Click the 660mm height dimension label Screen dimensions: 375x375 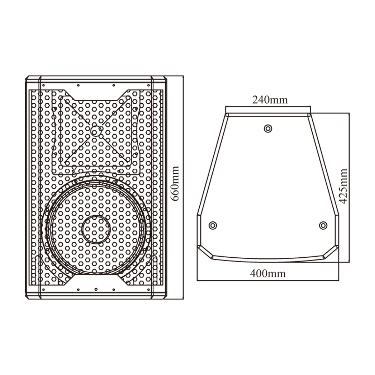tap(176, 184)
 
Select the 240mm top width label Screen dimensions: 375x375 tap(270, 100)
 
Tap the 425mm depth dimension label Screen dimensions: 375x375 tap(344, 186)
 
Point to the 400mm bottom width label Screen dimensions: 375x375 tap(268, 273)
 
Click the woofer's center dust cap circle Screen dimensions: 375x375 tap(96, 229)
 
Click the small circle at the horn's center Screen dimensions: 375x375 tap(96, 131)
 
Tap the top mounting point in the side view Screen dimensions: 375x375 tap(268, 128)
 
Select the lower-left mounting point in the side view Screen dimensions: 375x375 tap(213, 225)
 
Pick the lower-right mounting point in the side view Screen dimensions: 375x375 tap(323, 225)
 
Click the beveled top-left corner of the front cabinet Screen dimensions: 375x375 tap(27, 78)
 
